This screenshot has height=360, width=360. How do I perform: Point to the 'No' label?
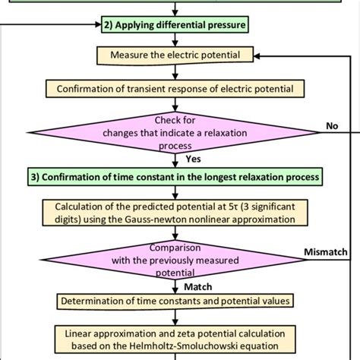pyautogui.click(x=331, y=127)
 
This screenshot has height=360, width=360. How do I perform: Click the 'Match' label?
pyautogui.click(x=199, y=286)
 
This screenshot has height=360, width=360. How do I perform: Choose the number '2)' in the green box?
pyautogui.click(x=107, y=24)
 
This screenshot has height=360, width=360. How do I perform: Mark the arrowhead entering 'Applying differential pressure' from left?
pyautogui.click(x=94, y=24)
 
